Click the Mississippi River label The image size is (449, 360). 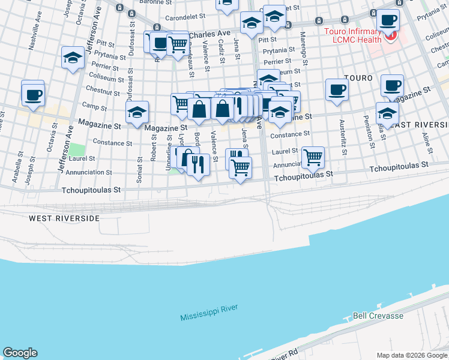209,313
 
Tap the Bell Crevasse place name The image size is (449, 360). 378,316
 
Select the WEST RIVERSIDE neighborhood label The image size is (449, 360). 64,218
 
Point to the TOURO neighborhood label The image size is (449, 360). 358,79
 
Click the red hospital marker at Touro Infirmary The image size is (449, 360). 391,36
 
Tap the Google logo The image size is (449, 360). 20,353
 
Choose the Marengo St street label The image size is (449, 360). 304,45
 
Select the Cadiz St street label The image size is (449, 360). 222,49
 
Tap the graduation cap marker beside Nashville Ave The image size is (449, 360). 73,58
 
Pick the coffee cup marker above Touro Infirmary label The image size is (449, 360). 387,20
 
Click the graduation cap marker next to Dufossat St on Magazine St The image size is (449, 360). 137,112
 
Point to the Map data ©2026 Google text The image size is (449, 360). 412,355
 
